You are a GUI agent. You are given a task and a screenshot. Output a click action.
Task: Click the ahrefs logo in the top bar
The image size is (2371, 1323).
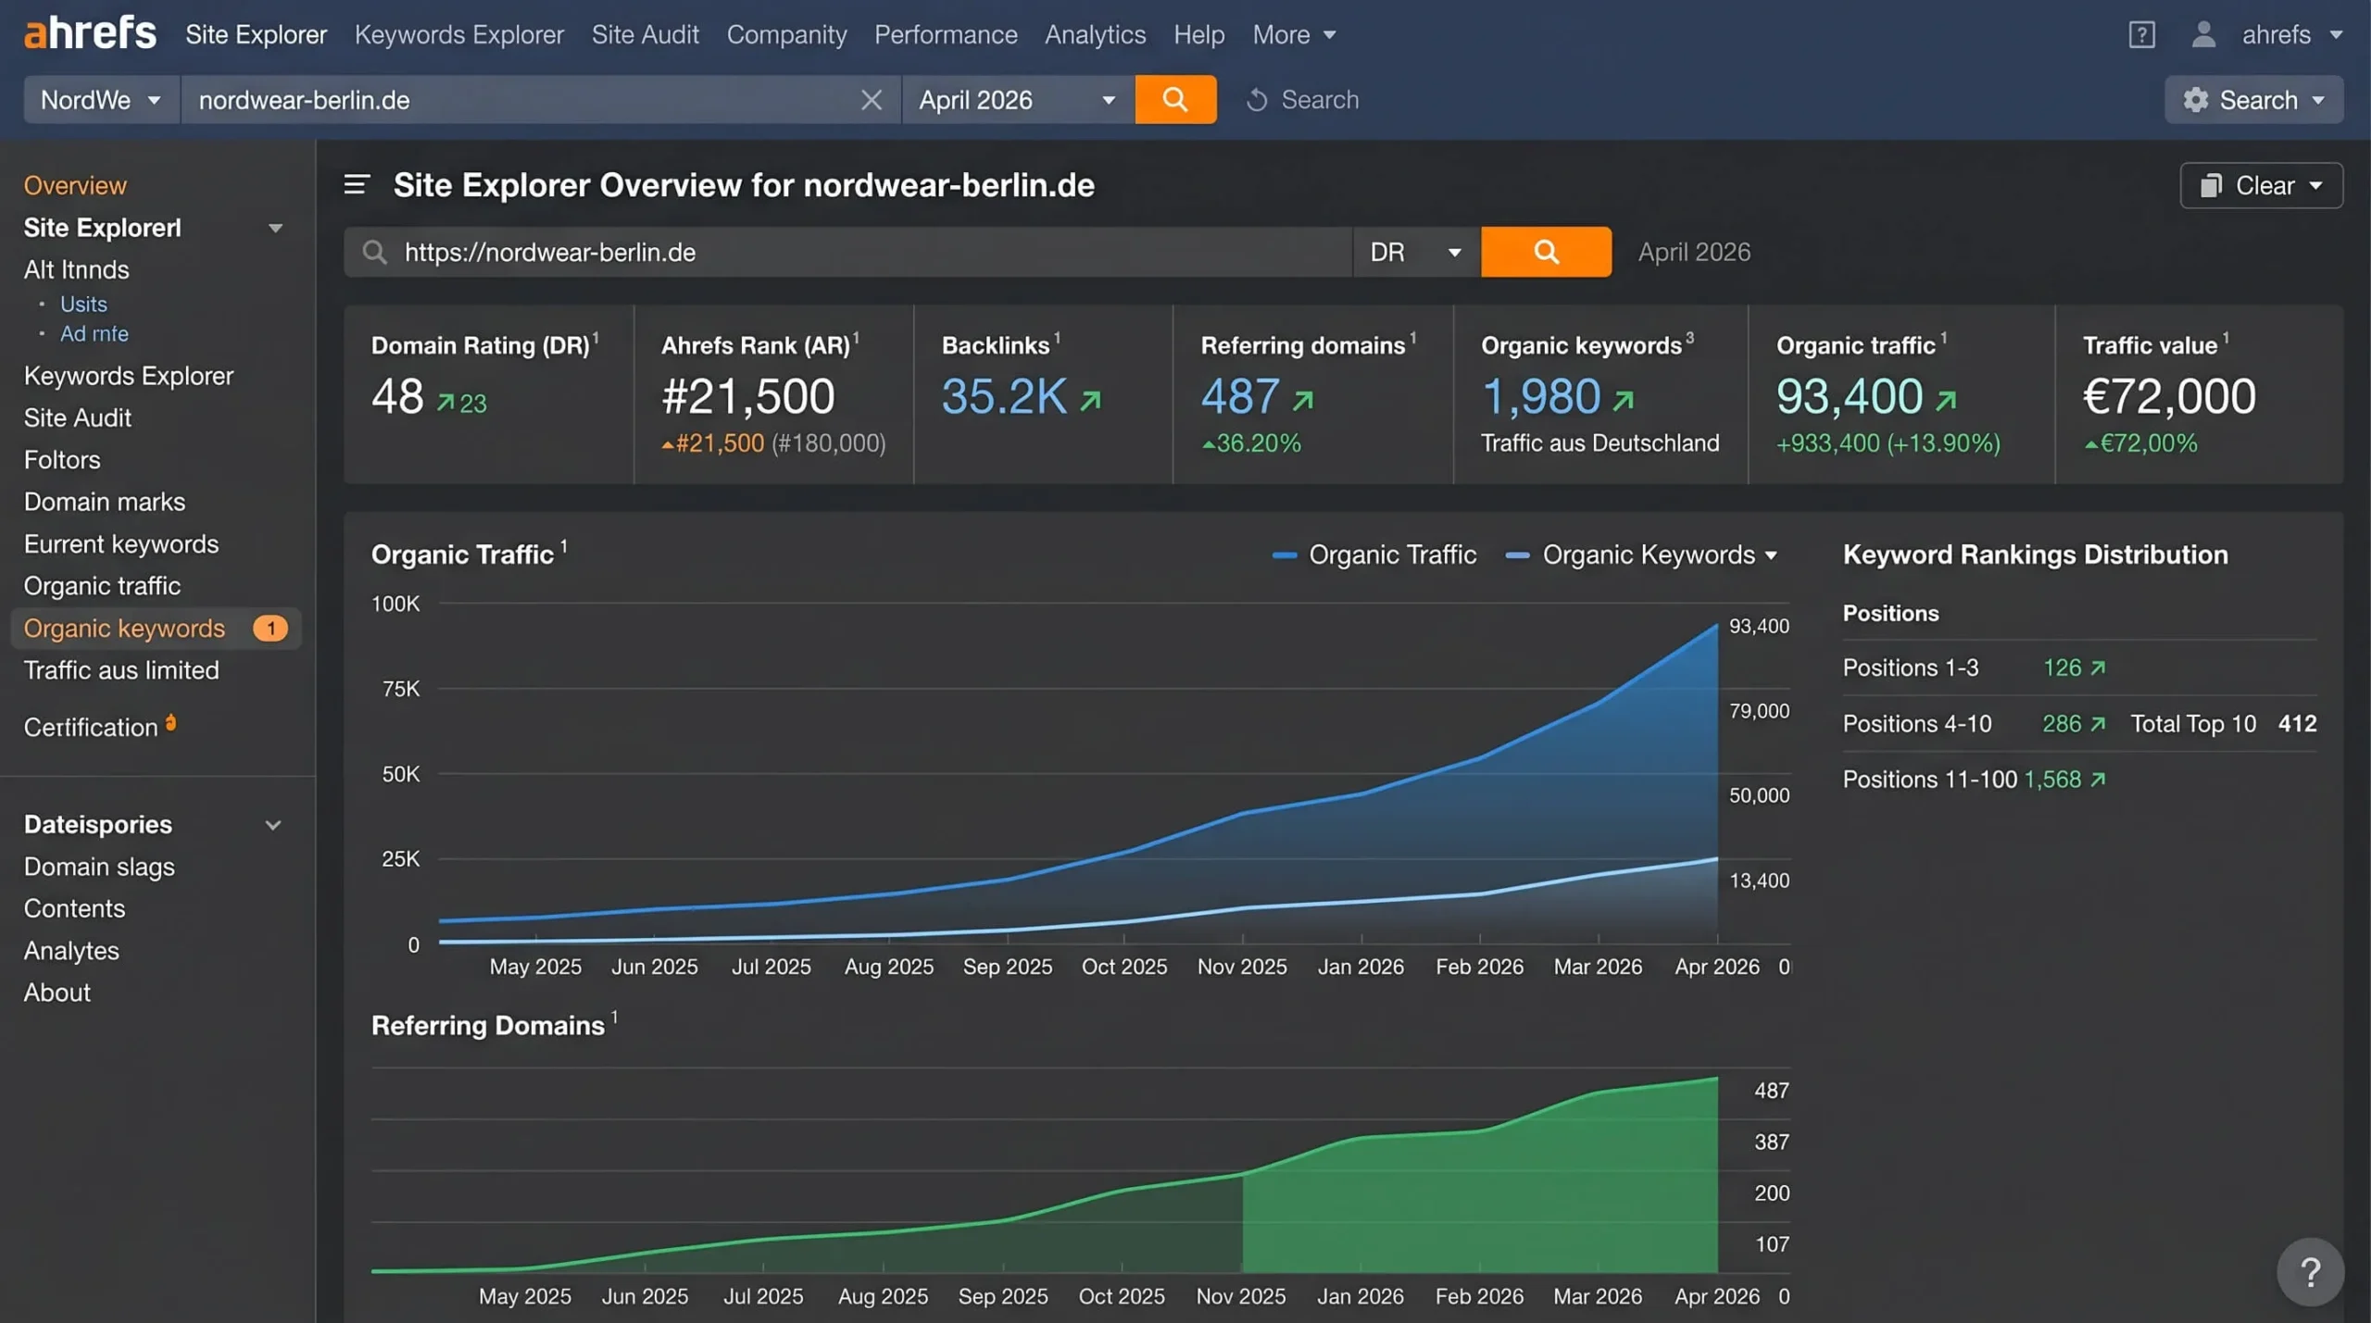90,33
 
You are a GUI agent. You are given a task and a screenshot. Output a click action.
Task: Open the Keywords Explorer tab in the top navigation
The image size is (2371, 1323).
458,34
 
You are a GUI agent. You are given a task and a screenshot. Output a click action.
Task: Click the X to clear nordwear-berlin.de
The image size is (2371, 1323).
871,99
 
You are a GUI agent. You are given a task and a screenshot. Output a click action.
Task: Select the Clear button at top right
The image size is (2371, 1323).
2261,185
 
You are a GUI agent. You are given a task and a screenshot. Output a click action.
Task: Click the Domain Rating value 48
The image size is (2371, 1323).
397,396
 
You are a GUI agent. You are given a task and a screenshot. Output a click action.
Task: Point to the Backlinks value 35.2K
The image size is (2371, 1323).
1004,396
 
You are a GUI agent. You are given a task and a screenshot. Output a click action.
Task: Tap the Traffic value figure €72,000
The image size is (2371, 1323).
2169,396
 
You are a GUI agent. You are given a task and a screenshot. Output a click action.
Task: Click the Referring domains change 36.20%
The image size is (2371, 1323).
1251,443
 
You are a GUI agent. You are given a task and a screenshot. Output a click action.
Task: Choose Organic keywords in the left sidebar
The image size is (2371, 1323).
124,628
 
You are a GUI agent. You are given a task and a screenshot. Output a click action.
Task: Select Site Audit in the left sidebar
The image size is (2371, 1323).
78,418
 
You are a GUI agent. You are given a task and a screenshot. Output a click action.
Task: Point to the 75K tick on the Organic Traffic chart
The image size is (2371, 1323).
400,689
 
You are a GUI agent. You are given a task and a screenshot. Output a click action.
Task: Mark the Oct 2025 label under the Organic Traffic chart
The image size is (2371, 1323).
1124,967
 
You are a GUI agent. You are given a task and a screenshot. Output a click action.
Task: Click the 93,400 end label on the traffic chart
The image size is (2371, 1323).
1759,626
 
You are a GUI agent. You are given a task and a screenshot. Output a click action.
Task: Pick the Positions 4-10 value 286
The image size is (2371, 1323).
2062,723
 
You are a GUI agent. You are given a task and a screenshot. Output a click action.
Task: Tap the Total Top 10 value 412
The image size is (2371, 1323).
2297,723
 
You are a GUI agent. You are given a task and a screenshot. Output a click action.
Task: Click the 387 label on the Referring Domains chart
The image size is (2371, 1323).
1771,1142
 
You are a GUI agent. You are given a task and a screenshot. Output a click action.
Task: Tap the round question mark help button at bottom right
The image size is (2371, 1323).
2310,1272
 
